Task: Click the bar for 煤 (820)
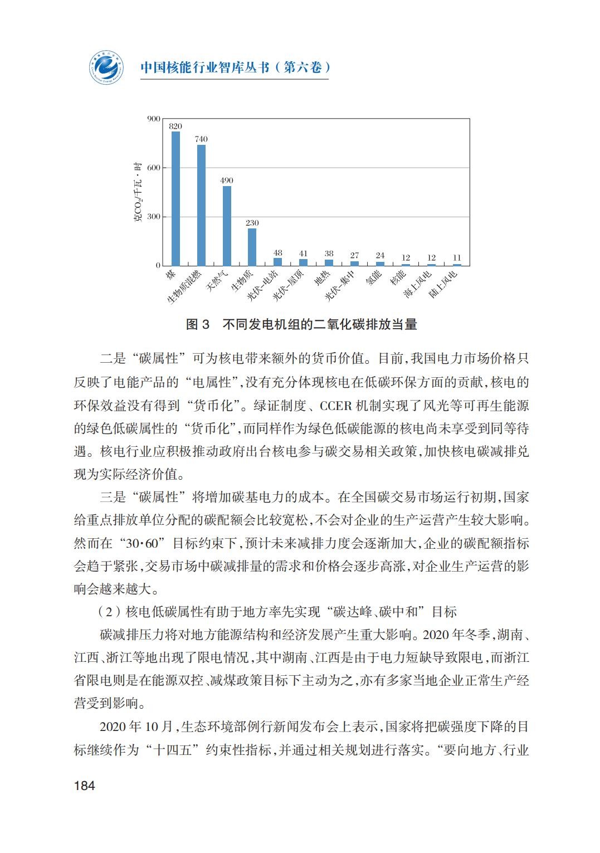(175, 198)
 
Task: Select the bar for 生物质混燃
(201, 205)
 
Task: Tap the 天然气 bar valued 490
(227, 226)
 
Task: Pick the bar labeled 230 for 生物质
(252, 247)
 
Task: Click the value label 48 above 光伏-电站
(278, 252)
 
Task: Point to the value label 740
(201, 139)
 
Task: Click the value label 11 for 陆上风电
(457, 258)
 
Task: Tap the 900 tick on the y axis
(154, 119)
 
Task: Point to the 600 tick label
(154, 168)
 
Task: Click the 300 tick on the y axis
(154, 217)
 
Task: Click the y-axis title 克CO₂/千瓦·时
(138, 192)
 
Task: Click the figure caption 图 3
(198, 324)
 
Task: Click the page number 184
(85, 786)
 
